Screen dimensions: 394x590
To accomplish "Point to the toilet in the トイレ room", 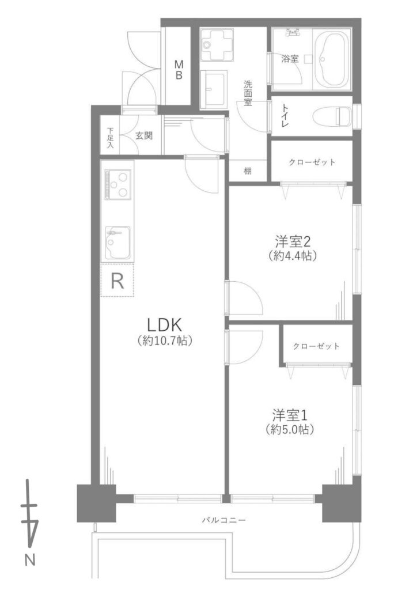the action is pyautogui.click(x=332, y=116).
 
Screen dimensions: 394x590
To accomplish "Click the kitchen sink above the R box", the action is pyautogui.click(x=118, y=243).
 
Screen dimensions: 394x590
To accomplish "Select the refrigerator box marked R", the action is pyautogui.click(x=117, y=281).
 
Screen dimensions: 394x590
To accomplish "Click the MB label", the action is pyautogui.click(x=179, y=70).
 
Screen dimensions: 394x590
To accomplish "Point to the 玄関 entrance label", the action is pyautogui.click(x=144, y=135).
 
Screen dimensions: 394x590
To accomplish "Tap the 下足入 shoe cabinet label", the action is pyautogui.click(x=110, y=138).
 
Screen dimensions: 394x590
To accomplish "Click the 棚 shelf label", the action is pyautogui.click(x=248, y=171).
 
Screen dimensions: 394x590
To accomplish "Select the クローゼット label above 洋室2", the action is pyautogui.click(x=312, y=162).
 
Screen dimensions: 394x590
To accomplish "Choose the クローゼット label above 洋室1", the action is pyautogui.click(x=316, y=346).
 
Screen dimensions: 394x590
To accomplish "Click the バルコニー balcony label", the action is pyautogui.click(x=224, y=520).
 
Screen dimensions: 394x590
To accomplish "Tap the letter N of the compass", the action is pyautogui.click(x=30, y=561).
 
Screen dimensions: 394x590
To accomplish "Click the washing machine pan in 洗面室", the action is pyautogui.click(x=217, y=45).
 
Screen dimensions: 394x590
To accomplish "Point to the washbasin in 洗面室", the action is pyautogui.click(x=214, y=89).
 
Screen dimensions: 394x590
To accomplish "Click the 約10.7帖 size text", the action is pyautogui.click(x=165, y=341).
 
